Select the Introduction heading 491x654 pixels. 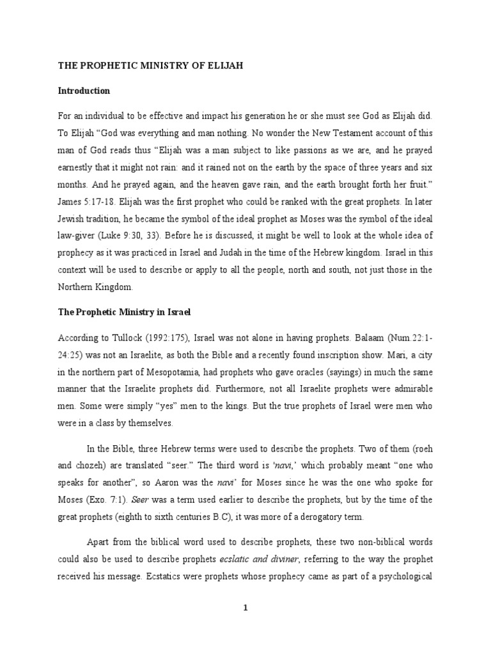click(x=84, y=91)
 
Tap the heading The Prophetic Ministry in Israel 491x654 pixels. click(x=125, y=313)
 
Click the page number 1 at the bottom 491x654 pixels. click(x=245, y=607)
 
